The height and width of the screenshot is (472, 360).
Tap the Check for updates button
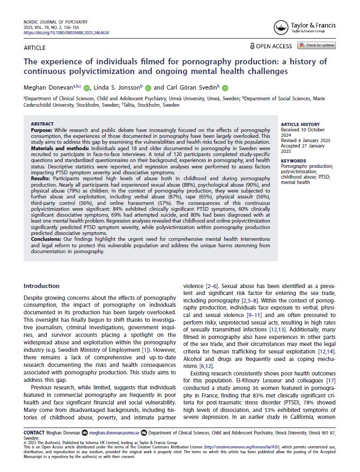tap(317, 46)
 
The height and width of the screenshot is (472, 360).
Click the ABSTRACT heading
tap(42, 124)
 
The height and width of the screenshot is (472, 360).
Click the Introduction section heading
tap(42, 286)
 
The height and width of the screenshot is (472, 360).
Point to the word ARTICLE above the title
tap(35, 48)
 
